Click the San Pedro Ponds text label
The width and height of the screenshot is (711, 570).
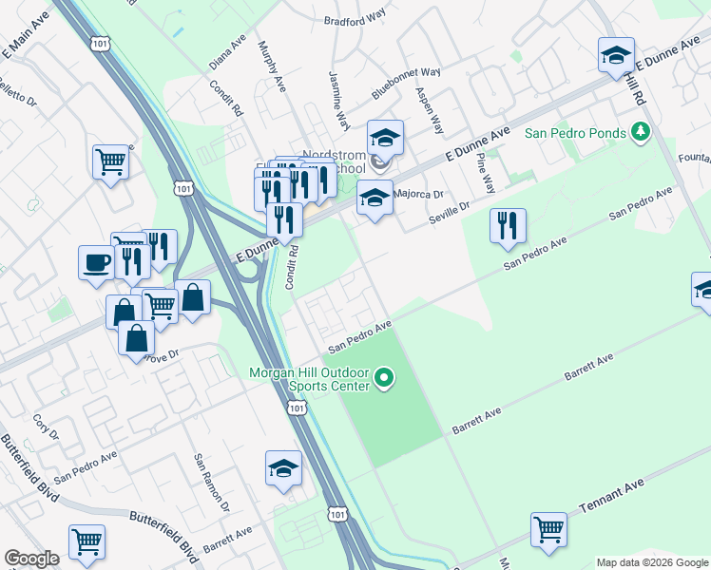[x=576, y=133]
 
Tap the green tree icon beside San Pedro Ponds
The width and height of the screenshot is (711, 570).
[x=642, y=131]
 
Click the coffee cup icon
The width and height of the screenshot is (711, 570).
[x=97, y=260]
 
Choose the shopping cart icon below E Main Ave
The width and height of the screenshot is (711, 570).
[x=111, y=162]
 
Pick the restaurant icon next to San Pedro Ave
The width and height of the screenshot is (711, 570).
[x=508, y=225]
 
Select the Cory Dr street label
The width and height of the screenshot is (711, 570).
[x=47, y=427]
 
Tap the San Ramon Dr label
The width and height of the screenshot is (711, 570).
[x=211, y=483]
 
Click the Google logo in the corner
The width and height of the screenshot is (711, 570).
[x=31, y=559]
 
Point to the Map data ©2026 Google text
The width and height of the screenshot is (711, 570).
[x=651, y=562]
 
